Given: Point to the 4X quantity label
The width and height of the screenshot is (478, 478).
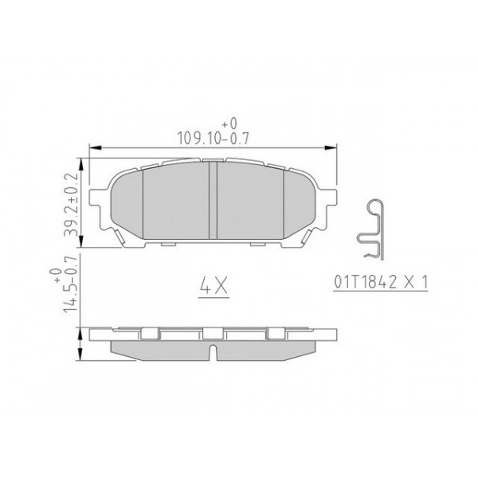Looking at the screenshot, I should point(211,284).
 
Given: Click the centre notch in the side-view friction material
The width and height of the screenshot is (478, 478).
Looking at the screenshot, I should point(213,350).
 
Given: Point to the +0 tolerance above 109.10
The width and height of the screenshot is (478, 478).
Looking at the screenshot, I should point(229,123).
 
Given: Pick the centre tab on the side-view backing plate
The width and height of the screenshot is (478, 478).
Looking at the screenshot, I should point(213,332).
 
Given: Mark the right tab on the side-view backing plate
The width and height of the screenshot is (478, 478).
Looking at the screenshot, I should point(275,332).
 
